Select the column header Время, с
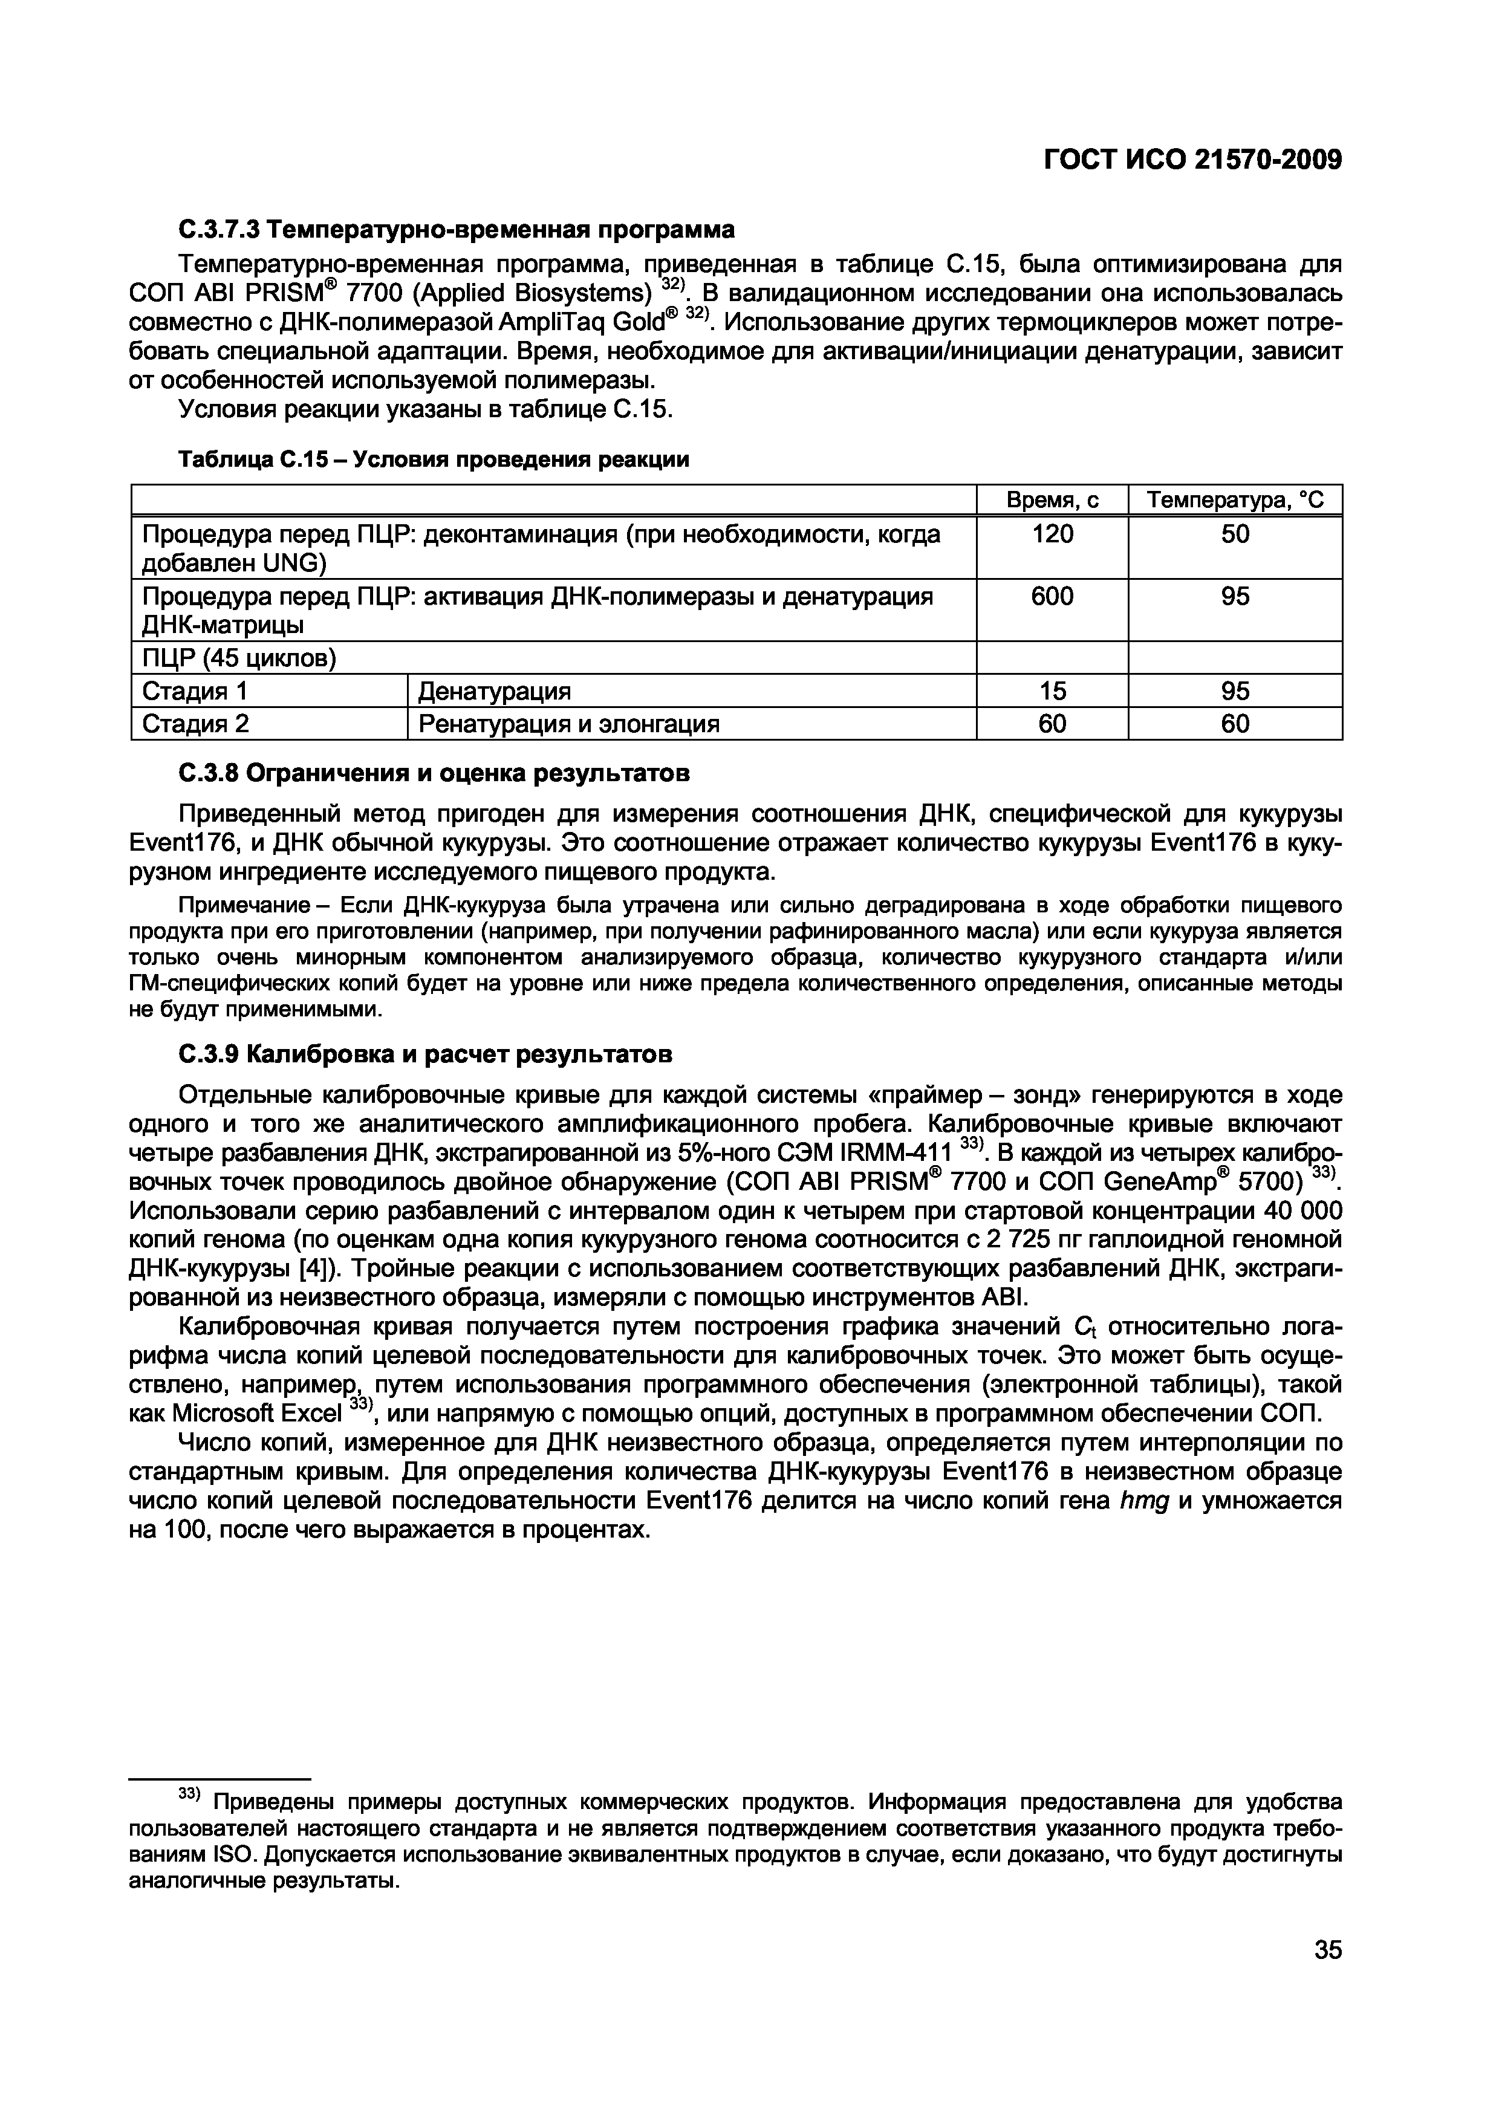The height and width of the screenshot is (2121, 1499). [1052, 500]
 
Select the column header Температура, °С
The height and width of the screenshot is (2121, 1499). [1235, 500]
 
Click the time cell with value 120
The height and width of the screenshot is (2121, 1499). [1052, 534]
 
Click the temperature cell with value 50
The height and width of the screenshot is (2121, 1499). [1235, 534]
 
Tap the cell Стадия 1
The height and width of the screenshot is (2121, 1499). [195, 691]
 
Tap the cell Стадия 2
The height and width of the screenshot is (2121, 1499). [195, 723]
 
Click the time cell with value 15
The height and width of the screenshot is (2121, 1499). [1052, 691]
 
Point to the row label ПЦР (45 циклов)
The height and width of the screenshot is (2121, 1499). [238, 658]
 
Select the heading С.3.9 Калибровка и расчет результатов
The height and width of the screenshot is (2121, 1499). [425, 1054]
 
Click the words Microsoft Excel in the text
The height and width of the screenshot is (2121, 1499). [235, 1414]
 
